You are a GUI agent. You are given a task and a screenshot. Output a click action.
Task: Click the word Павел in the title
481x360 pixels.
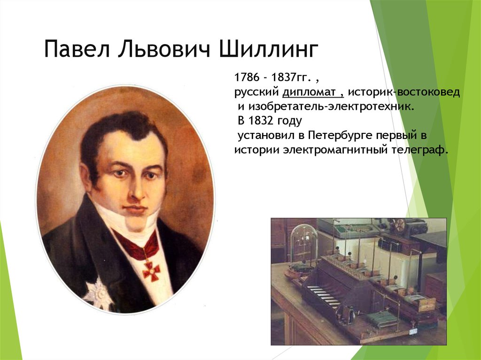pyautogui.click(x=77, y=48)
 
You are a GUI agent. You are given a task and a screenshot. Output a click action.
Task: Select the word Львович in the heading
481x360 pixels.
pyautogui.click(x=164, y=48)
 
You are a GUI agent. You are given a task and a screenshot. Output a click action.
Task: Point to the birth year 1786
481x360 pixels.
pyautogui.click(x=247, y=77)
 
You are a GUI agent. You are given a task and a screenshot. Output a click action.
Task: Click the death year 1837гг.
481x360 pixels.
pyautogui.click(x=289, y=77)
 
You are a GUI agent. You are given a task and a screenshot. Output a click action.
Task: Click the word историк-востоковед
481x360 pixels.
pyautogui.click(x=404, y=92)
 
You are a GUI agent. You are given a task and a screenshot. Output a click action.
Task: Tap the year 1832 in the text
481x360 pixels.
pyautogui.click(x=260, y=121)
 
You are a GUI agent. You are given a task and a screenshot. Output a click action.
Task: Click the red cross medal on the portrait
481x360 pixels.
pyautogui.click(x=151, y=270)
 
